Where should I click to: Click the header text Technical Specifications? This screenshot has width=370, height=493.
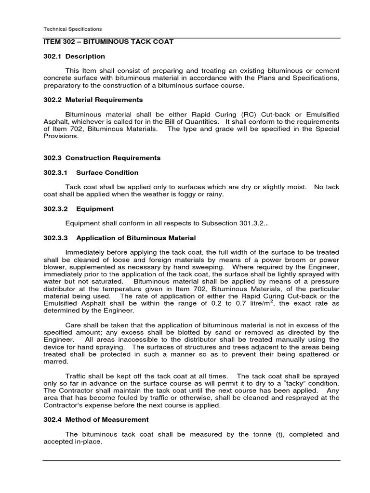pos(72,29)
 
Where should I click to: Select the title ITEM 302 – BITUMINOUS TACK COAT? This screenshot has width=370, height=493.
pos(108,42)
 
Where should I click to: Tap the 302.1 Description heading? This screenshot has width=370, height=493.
pos(74,56)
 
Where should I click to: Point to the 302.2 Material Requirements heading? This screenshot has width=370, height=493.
pos(93,100)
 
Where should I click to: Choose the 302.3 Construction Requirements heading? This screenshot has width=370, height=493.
pos(102,158)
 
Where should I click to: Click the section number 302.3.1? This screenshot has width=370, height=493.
pos(55,172)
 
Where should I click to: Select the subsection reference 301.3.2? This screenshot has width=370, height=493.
pos(251,223)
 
